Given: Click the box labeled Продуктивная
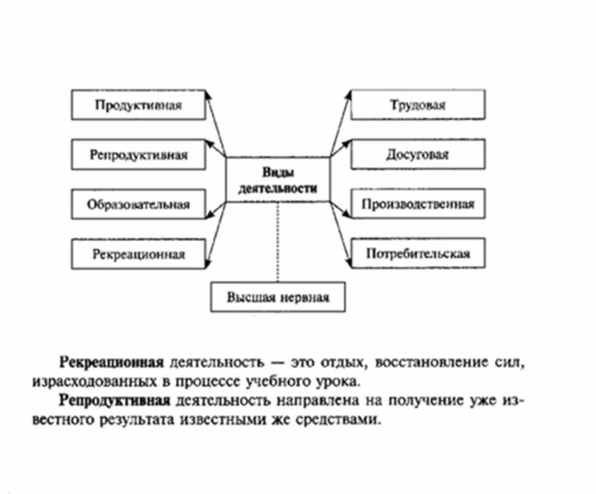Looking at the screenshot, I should pyautogui.click(x=137, y=104).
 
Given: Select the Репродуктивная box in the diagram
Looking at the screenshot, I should pyautogui.click(x=139, y=155).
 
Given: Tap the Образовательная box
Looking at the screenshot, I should pyautogui.click(x=137, y=204).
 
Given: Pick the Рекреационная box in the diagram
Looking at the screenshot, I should pyautogui.click(x=137, y=254).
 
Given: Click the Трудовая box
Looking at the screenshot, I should pyautogui.click(x=417, y=104).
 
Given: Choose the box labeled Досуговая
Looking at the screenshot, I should pyautogui.click(x=417, y=155).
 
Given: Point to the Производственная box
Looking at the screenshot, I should pyautogui.click(x=417, y=204).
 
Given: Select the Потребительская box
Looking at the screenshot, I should pyautogui.click(x=417, y=254).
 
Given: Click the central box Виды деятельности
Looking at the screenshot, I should pyautogui.click(x=278, y=180).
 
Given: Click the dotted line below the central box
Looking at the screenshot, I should pyautogui.click(x=278, y=242).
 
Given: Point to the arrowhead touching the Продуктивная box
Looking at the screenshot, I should pyautogui.click(x=207, y=101).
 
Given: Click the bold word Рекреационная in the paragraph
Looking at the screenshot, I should pyautogui.click(x=110, y=362).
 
